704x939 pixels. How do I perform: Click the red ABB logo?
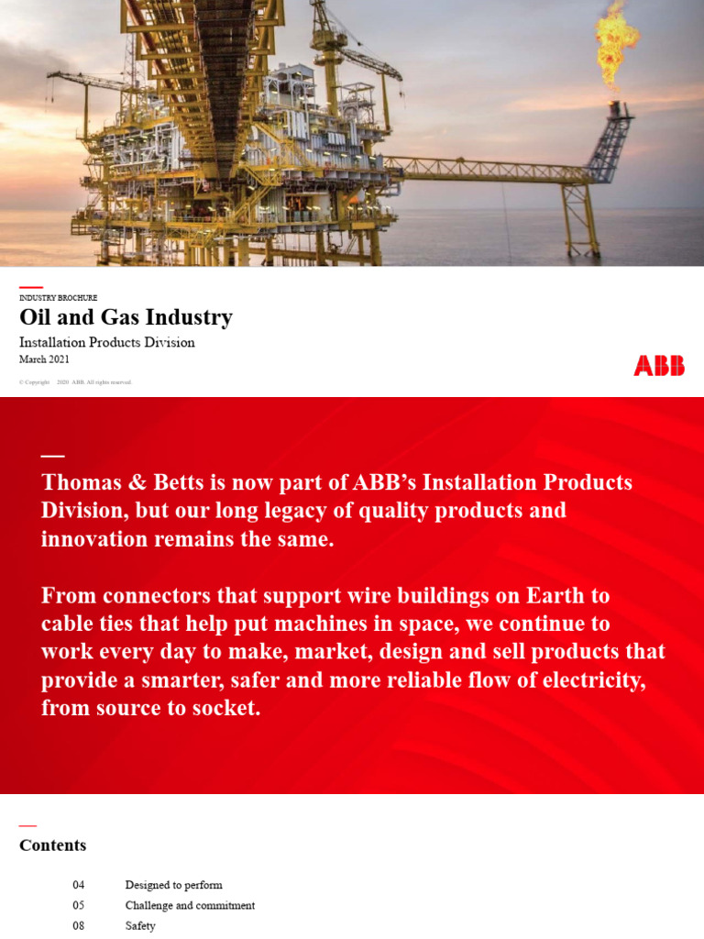tap(659, 366)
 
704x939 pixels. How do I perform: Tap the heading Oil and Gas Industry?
tap(126, 317)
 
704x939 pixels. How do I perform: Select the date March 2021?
tap(44, 359)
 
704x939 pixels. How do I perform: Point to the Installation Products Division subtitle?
tap(107, 342)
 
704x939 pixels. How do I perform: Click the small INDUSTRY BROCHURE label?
tap(58, 298)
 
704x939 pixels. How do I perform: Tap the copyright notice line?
tap(75, 381)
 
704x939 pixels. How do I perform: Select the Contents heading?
tap(52, 845)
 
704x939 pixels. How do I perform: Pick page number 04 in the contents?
tap(79, 885)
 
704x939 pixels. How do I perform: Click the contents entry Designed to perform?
tap(174, 885)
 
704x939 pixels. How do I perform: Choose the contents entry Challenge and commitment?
tap(190, 905)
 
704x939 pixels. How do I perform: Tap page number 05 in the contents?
tap(79, 905)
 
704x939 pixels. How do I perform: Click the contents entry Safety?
tap(140, 926)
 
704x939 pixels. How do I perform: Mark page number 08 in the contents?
tap(79, 926)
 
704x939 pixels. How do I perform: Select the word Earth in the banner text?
tap(555, 595)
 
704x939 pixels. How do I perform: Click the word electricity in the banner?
tap(593, 680)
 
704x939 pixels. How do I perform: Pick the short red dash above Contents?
tap(27, 826)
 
